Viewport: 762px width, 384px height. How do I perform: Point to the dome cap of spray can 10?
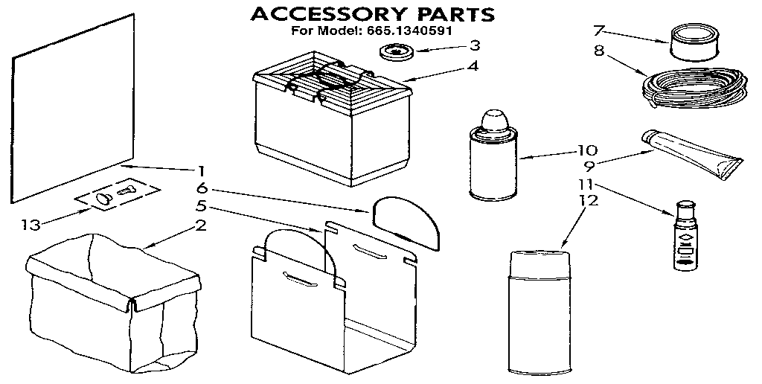coord(494,119)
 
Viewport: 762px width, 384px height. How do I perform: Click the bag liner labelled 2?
coord(112,298)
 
